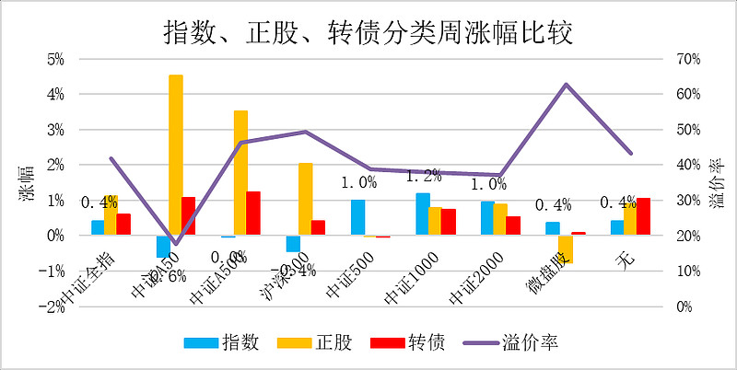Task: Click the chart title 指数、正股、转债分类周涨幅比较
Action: click(x=368, y=32)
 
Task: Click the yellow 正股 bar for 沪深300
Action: click(x=305, y=199)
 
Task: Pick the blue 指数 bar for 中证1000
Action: click(x=422, y=214)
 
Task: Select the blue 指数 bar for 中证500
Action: click(x=357, y=217)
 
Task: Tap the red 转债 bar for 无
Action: click(x=643, y=216)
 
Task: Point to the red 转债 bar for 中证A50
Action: click(x=188, y=215)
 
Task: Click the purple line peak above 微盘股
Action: click(x=566, y=85)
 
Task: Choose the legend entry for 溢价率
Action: click(x=521, y=342)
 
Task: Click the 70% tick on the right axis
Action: click(x=688, y=59)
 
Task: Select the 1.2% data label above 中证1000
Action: click(x=423, y=175)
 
